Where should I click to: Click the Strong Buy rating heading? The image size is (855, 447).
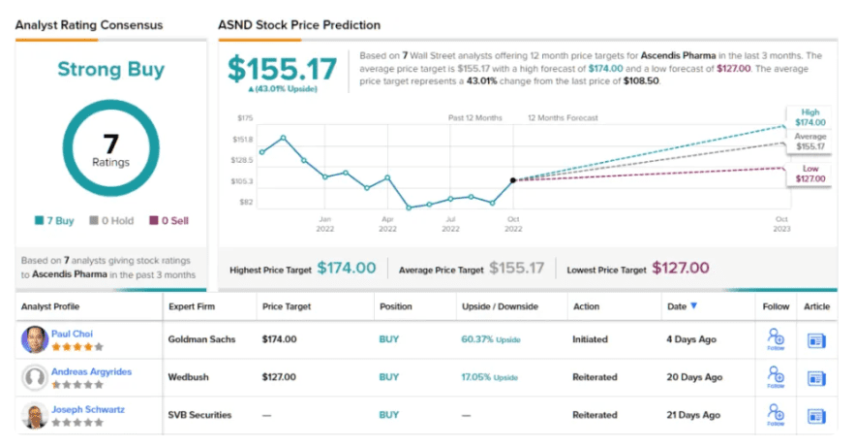pyautogui.click(x=110, y=70)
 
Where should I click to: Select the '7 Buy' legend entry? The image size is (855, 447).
pyautogui.click(x=54, y=220)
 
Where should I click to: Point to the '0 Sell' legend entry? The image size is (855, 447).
pyautogui.click(x=168, y=220)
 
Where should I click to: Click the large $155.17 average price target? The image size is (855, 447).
pyautogui.click(x=283, y=69)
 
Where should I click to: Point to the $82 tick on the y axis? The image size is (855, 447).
pyautogui.click(x=246, y=202)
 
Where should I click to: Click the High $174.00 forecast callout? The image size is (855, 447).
pyautogui.click(x=811, y=116)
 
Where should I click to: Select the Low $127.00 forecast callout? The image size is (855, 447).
pyautogui.click(x=811, y=173)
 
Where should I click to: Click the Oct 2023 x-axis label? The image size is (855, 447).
pyautogui.click(x=781, y=224)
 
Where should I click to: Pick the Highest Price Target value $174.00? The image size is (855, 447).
pyautogui.click(x=346, y=268)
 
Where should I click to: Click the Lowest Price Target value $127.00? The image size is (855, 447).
pyautogui.click(x=680, y=268)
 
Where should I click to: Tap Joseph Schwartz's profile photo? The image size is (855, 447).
pyautogui.click(x=35, y=415)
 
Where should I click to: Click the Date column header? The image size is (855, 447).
pyautogui.click(x=677, y=306)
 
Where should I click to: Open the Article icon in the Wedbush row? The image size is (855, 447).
pyautogui.click(x=816, y=377)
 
